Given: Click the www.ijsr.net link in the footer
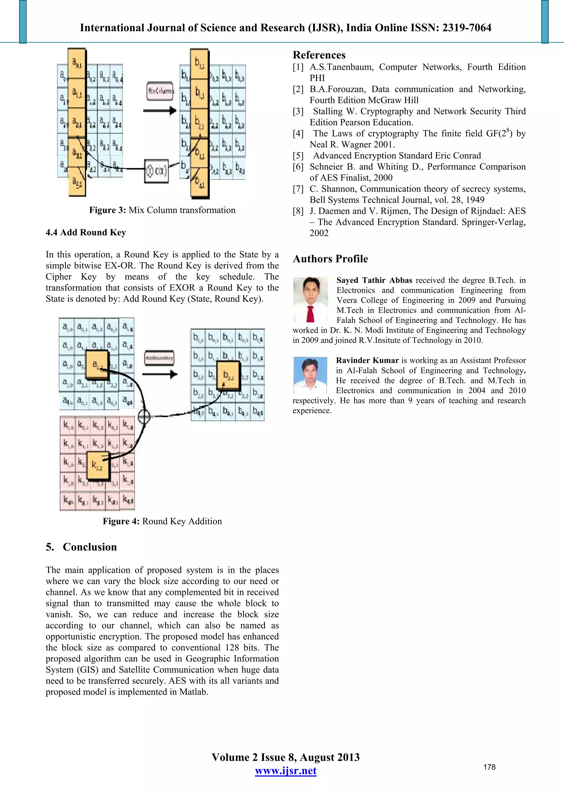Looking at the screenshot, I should pyautogui.click(x=285, y=771).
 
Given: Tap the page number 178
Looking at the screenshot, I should pyautogui.click(x=489, y=767).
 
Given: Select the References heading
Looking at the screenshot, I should pyautogui.click(x=319, y=55).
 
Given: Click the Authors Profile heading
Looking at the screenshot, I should pyautogui.click(x=330, y=259).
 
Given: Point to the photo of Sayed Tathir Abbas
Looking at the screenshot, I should pyautogui.click(x=310, y=300).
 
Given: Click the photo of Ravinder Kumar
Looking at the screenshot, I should pyautogui.click(x=310, y=375).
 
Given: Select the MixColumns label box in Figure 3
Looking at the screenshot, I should pyautogui.click(x=160, y=91).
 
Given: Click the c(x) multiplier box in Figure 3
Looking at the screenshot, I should pyautogui.click(x=156, y=171).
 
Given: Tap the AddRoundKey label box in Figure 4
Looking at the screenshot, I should pyautogui.click(x=159, y=358).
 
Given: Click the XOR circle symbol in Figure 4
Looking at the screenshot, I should pyautogui.click(x=144, y=416).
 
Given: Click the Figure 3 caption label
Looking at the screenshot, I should pyautogui.click(x=107, y=210).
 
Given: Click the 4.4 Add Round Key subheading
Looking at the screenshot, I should pyautogui.click(x=86, y=232).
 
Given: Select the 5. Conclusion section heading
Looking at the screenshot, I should pyautogui.click(x=81, y=547).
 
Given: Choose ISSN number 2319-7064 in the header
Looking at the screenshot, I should pyautogui.click(x=466, y=28).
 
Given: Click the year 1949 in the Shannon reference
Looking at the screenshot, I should pyautogui.click(x=474, y=200).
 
